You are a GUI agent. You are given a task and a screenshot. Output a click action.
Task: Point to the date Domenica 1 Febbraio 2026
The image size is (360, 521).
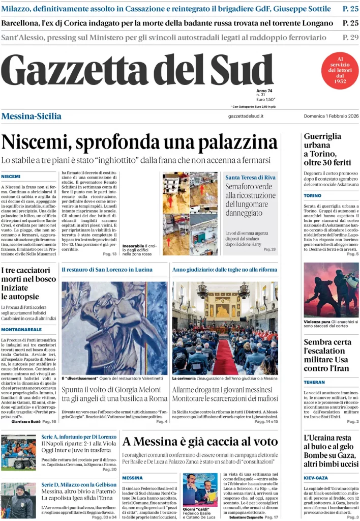(x=331, y=116)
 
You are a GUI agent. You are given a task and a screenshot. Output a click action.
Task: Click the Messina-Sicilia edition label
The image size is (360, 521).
(x=32, y=116)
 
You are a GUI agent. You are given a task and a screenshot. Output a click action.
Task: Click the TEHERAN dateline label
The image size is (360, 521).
(x=315, y=382)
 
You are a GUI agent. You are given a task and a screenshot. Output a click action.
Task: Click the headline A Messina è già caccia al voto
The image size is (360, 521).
(x=200, y=441)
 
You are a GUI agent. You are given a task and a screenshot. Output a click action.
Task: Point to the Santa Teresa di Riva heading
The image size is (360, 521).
(x=251, y=177)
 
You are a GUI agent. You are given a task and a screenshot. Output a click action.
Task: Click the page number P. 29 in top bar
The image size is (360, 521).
(x=350, y=37)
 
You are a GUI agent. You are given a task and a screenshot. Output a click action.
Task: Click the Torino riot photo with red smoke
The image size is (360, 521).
(x=331, y=290)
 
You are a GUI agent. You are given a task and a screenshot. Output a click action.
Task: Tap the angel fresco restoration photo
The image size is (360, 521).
(x=114, y=328)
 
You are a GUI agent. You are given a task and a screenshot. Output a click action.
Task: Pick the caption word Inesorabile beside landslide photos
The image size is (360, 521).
(x=133, y=246)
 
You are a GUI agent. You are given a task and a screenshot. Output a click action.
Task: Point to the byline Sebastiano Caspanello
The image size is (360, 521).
(x=247, y=517)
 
